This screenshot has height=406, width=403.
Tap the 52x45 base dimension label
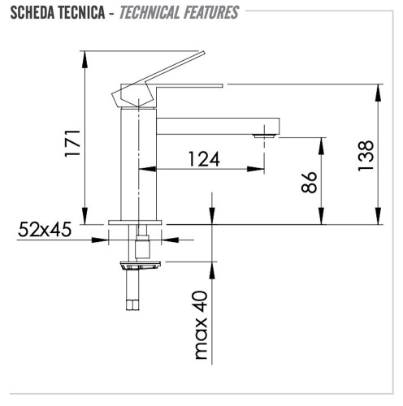[x=45, y=230]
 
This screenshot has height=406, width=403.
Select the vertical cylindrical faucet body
[x=137, y=162]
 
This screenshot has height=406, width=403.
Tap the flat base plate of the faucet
[x=136, y=222]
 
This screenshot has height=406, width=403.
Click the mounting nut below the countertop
[x=141, y=265]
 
